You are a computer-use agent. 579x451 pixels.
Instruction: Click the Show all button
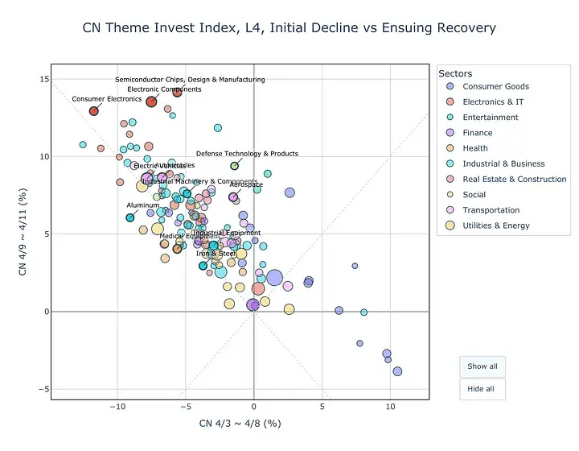click(x=482, y=366)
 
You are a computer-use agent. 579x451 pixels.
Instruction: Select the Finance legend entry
click(x=478, y=133)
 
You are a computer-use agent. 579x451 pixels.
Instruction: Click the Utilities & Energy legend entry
click(x=495, y=225)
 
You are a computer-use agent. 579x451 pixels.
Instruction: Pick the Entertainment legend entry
click(x=490, y=118)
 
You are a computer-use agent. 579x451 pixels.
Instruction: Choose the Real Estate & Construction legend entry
click(x=514, y=179)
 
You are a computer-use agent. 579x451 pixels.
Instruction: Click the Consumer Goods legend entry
click(x=495, y=86)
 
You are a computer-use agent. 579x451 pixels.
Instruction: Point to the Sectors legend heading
click(x=455, y=73)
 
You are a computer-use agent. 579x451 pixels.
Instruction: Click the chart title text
click(x=289, y=28)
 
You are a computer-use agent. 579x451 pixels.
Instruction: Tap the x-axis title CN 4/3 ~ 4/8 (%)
click(x=240, y=424)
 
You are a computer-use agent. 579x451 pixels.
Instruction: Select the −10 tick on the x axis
click(x=117, y=408)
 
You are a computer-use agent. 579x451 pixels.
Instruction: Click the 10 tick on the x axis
click(x=390, y=408)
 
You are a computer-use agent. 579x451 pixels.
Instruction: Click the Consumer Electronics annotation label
click(x=107, y=99)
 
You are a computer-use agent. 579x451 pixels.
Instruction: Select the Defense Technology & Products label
click(x=247, y=154)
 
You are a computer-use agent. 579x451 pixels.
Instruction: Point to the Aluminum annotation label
click(x=143, y=205)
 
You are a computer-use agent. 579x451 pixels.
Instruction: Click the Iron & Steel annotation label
click(x=216, y=254)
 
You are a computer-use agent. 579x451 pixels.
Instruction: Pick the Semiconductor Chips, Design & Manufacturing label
click(x=190, y=80)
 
